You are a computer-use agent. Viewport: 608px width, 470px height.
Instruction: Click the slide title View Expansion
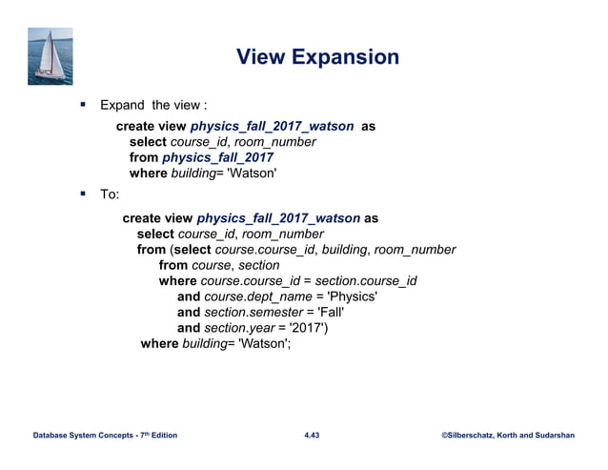coord(317,57)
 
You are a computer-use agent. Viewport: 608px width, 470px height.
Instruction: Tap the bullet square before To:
coord(83,195)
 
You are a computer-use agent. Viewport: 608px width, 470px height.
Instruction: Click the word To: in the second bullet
coord(109,195)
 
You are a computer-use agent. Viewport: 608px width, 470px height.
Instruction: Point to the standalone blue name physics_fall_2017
coord(217,158)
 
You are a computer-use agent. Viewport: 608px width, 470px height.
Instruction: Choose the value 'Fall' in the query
coord(325,312)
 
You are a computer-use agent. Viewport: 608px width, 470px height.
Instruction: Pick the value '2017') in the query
coord(312,328)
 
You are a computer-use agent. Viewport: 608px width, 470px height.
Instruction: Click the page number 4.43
coord(312,436)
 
